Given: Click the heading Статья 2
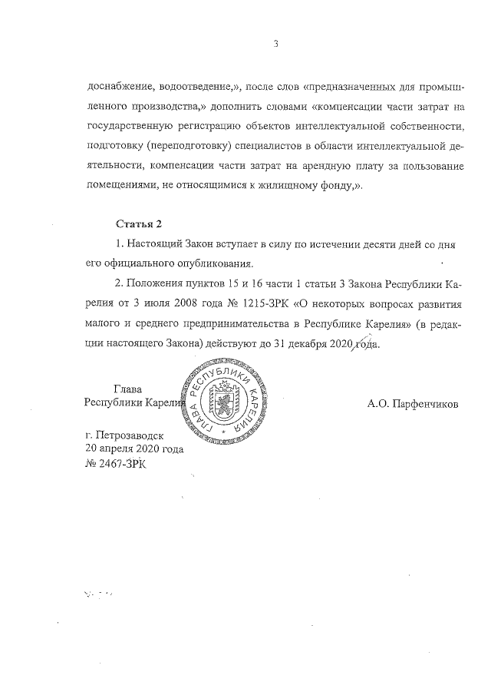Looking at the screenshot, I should click(x=139, y=224).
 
